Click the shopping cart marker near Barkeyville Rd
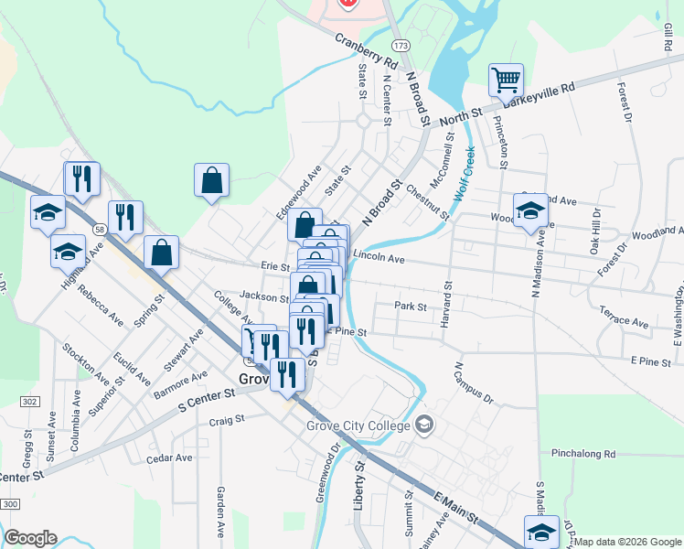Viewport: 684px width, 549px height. click(x=505, y=80)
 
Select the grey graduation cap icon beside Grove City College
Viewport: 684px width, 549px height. click(x=424, y=425)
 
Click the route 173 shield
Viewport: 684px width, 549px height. click(x=400, y=44)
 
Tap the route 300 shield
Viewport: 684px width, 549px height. click(x=11, y=504)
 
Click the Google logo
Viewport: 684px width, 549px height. click(x=30, y=538)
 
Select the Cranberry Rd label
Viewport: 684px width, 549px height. click(x=367, y=53)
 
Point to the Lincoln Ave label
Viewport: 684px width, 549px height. click(x=378, y=259)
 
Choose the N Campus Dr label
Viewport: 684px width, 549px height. click(x=474, y=384)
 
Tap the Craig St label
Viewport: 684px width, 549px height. click(x=226, y=419)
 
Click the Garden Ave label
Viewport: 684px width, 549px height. click(x=221, y=511)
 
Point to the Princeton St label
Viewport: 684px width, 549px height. click(x=500, y=143)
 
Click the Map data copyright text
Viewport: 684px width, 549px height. click(x=628, y=542)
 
